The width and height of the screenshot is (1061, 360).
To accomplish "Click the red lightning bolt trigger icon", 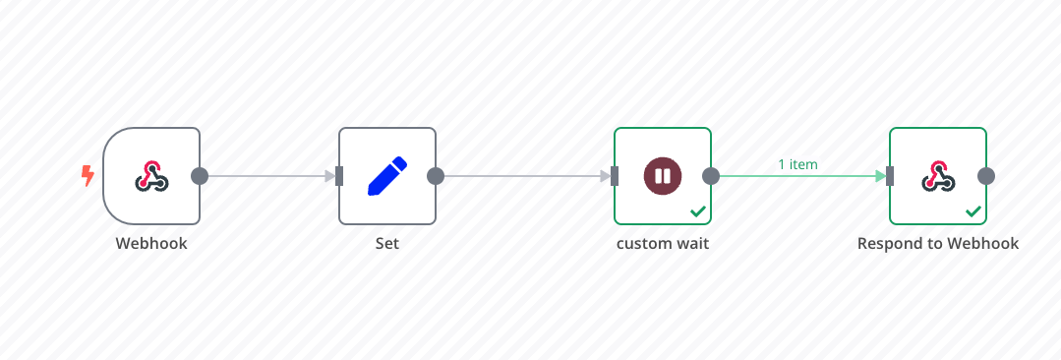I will (x=88, y=176).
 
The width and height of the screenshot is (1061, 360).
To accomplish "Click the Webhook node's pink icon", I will (x=151, y=176).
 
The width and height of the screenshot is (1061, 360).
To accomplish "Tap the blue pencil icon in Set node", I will (x=387, y=176).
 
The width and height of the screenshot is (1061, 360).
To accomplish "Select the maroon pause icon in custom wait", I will (x=663, y=176).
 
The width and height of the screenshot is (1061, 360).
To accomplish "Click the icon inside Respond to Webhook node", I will (x=938, y=176).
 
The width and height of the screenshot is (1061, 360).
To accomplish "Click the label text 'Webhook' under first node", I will (x=151, y=243).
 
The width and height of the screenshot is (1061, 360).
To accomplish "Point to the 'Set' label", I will (x=387, y=243).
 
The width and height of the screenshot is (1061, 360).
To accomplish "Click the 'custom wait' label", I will (x=663, y=243).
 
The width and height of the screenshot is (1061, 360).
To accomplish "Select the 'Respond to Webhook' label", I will (x=938, y=243).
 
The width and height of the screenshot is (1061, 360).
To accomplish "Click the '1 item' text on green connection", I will (x=797, y=164).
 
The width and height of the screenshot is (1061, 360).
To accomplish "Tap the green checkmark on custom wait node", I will (x=697, y=211).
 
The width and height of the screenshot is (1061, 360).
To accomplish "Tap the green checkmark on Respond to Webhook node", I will (x=973, y=211).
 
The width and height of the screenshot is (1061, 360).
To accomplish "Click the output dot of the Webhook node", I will (x=200, y=176).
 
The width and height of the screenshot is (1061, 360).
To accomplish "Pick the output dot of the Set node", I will (x=436, y=176).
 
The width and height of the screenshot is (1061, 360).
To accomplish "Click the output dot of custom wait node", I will (x=711, y=176).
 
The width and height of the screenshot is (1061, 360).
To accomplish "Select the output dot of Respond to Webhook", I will (x=986, y=176).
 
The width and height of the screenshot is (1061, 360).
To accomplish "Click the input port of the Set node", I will (x=339, y=176).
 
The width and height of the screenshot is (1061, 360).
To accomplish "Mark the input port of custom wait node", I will (x=615, y=176).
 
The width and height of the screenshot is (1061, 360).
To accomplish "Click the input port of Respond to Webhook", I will (x=890, y=176).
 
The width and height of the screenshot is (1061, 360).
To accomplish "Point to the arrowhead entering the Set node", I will (x=330, y=176).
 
